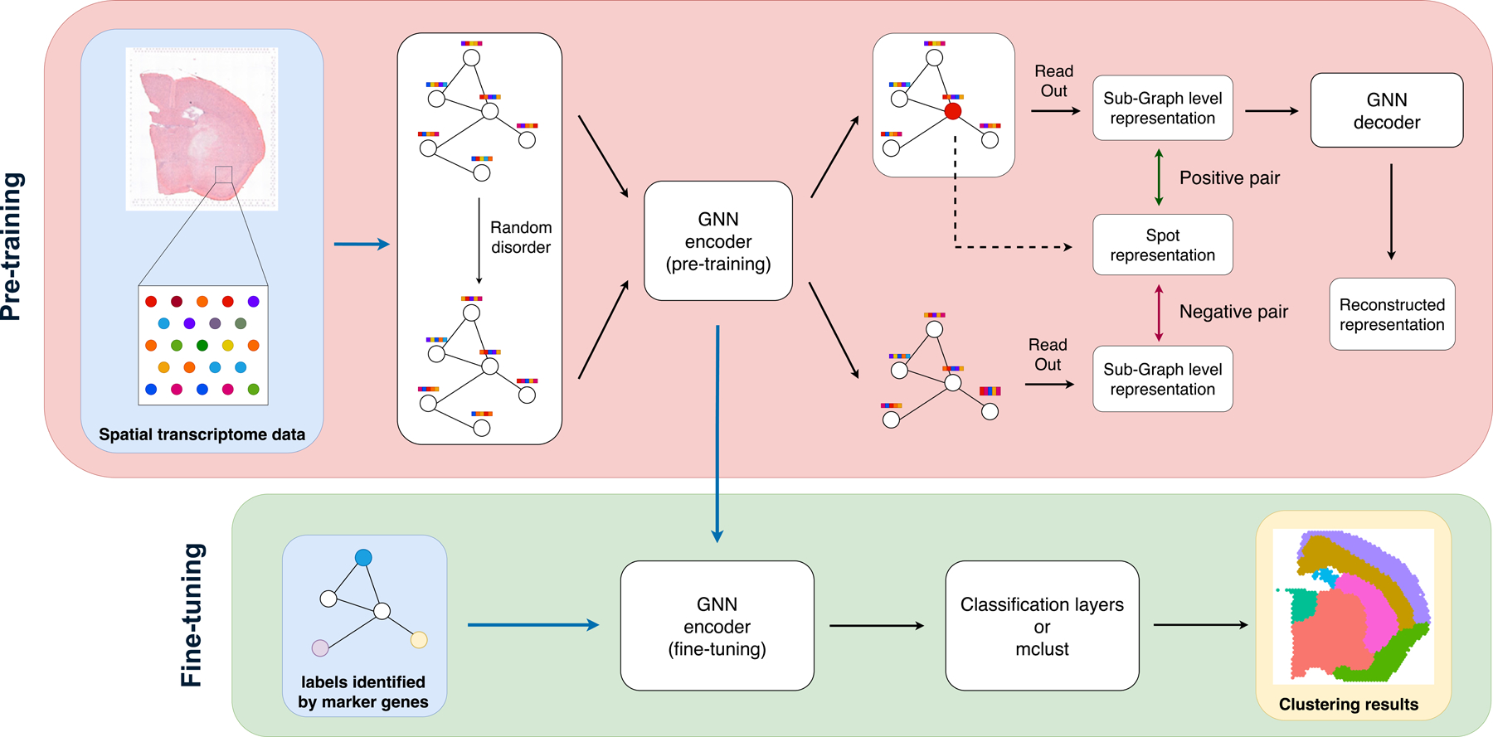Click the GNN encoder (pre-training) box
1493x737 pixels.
click(718, 241)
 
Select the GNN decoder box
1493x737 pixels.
click(1386, 110)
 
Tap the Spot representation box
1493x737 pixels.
click(1162, 245)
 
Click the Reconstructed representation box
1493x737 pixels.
click(1392, 314)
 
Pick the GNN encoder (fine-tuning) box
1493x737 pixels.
click(717, 626)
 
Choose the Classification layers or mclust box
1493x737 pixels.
click(1042, 626)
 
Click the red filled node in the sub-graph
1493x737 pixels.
click(953, 111)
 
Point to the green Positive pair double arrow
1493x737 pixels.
click(1159, 177)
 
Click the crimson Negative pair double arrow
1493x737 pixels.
click(1159, 313)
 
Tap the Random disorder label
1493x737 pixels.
click(520, 237)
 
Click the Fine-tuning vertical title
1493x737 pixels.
click(192, 614)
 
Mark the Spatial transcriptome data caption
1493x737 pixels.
click(202, 434)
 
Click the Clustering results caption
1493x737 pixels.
click(1348, 705)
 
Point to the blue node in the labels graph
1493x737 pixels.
click(363, 558)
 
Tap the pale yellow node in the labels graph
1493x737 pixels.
click(419, 639)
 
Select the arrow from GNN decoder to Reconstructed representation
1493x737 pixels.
click(1391, 211)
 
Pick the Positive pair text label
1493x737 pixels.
click(1229, 178)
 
